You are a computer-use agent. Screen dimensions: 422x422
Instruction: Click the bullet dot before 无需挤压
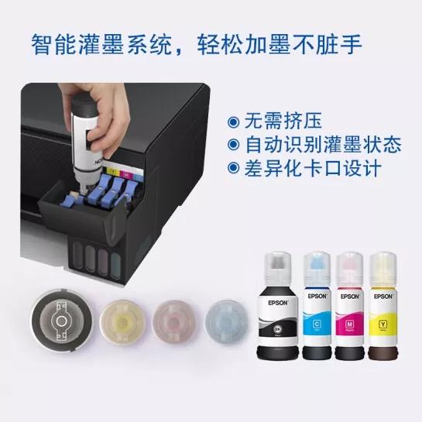coord(232,122)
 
